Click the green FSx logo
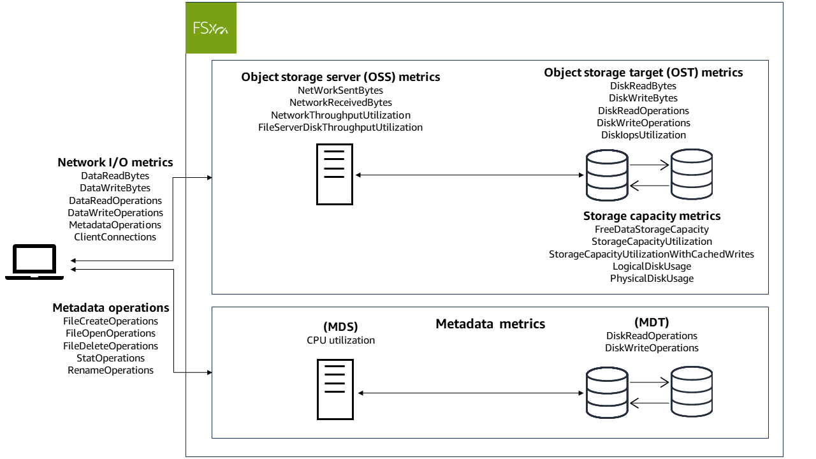211,28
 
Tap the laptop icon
34,263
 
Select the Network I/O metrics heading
115,163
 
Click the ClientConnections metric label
115,237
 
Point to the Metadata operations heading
111,308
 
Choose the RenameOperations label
111,370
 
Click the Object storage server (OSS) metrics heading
340,77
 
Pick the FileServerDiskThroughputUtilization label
340,127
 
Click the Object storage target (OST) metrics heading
643,73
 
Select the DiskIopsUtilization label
643,135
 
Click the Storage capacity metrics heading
652,216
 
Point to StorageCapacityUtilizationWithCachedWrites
652,254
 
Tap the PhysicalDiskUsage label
652,279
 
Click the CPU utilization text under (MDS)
340,340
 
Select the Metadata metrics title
490,324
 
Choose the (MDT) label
652,323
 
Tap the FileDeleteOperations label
111,346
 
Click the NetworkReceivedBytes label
340,103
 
